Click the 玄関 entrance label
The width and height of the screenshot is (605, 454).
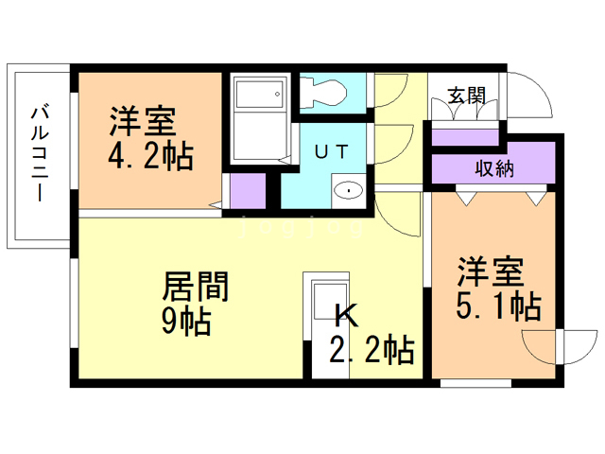point(466,96)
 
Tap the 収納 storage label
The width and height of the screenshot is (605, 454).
point(494,168)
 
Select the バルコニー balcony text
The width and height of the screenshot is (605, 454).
point(40,153)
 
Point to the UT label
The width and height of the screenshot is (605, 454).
point(332,151)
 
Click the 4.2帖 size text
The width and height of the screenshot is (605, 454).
point(151,156)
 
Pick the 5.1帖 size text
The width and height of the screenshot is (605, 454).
point(498,306)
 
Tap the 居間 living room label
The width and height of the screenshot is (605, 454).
point(196,286)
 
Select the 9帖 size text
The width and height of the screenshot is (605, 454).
point(186,322)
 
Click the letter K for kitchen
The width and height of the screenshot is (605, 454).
point(345,315)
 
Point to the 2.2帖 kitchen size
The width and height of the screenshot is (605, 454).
point(372,350)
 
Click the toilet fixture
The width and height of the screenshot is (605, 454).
point(323,93)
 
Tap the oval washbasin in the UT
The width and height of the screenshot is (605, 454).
point(349,190)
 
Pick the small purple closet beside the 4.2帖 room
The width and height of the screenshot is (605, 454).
point(248,191)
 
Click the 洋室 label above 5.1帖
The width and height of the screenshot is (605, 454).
point(491,271)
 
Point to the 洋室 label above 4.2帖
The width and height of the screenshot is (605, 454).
point(143,121)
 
